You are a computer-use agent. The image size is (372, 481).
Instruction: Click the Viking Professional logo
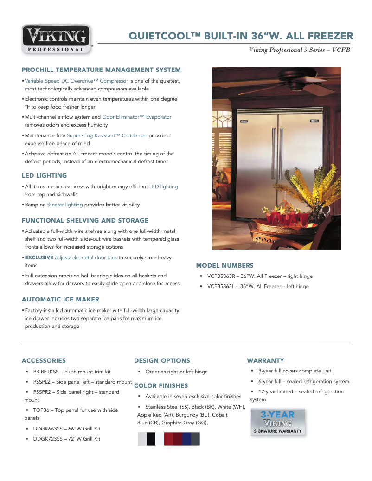57,39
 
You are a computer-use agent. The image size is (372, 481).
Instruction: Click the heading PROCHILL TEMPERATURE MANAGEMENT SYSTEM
101,70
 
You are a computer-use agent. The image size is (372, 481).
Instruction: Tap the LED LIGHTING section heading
45,176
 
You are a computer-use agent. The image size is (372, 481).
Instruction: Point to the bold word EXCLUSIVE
39,257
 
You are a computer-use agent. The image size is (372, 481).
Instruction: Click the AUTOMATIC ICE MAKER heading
61,300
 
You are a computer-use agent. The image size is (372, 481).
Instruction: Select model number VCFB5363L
222,287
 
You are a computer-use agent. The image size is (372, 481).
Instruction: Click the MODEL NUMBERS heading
225,266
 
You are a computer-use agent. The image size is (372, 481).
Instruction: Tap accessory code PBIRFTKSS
46,372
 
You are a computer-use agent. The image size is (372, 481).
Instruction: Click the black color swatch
151,439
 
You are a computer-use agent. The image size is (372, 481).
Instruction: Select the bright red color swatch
168,439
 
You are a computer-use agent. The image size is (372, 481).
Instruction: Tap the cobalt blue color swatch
186,439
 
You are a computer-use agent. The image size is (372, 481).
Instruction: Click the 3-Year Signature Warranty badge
278,422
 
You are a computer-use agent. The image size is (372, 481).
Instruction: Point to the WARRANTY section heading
266,361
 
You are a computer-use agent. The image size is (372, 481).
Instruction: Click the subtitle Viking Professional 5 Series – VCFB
299,50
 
